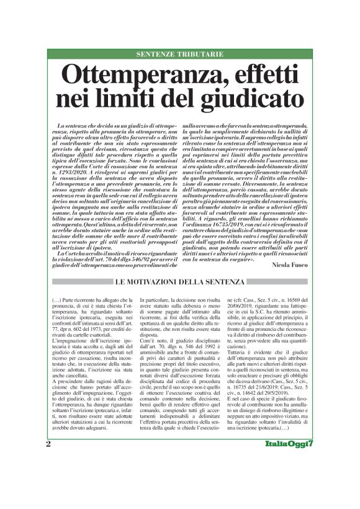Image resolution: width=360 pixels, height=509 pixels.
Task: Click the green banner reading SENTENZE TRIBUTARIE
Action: [x=179, y=54]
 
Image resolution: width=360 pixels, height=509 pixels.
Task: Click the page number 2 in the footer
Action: [x=48, y=478]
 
